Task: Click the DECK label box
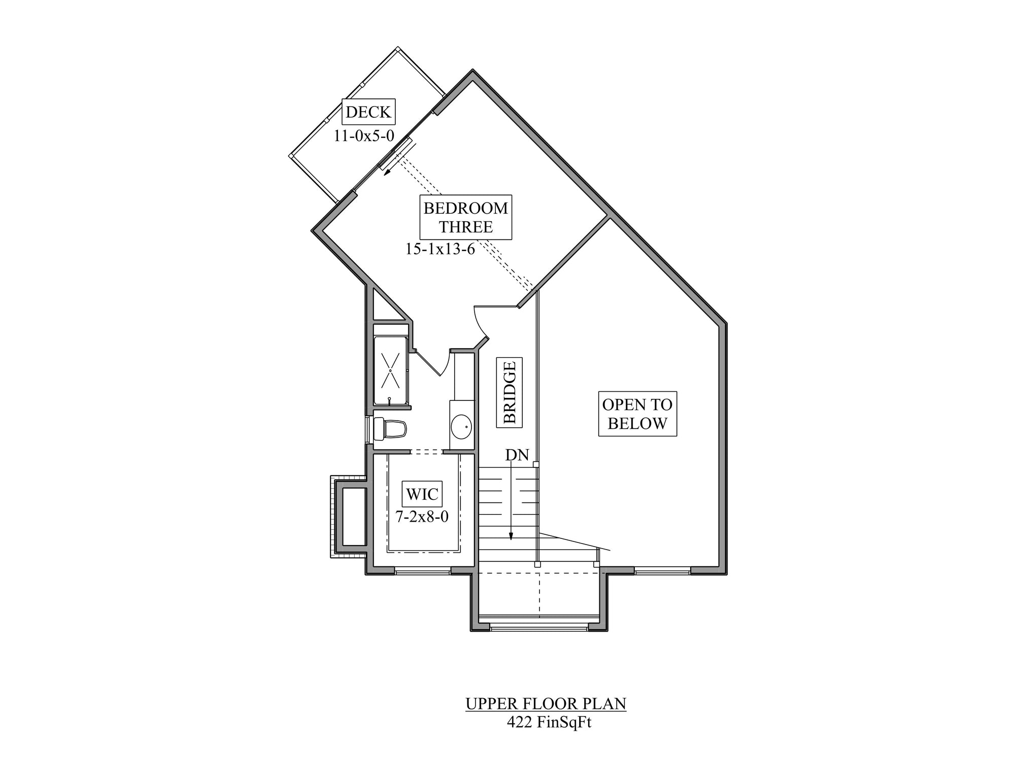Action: (368, 112)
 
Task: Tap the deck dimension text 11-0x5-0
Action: (364, 135)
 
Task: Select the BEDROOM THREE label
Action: (466, 217)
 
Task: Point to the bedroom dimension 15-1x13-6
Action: (440, 249)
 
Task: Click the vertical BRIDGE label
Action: (509, 392)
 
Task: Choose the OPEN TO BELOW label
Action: (637, 414)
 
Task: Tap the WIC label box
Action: (422, 494)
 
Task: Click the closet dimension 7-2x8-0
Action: (422, 517)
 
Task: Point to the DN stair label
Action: (517, 455)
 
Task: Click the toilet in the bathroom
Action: (389, 429)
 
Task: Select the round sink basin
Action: (461, 427)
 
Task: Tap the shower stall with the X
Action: (390, 370)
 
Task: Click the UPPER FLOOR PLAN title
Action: (546, 704)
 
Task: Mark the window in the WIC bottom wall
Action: (422, 571)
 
